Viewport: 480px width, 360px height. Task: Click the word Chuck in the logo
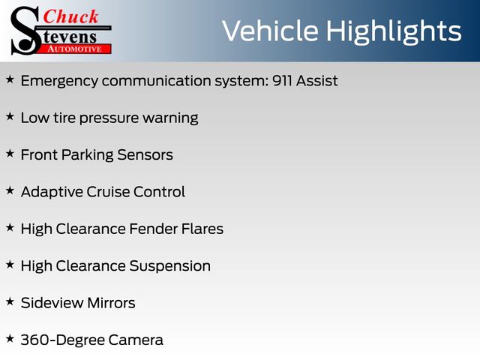tap(70, 16)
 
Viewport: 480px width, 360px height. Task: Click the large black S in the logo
tap(25, 31)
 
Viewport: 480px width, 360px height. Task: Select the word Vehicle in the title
tap(270, 31)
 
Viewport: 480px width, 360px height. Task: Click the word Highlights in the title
tap(394, 32)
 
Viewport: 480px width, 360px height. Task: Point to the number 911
tap(282, 81)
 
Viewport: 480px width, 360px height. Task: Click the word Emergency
tap(60, 82)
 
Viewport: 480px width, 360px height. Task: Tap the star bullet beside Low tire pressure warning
tap(10, 116)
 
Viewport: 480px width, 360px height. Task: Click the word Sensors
tap(145, 155)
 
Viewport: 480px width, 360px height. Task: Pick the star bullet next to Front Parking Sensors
tap(10, 153)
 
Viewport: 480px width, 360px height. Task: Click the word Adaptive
tap(52, 193)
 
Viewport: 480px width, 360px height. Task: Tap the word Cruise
tap(108, 192)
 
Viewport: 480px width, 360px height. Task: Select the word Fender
tap(153, 229)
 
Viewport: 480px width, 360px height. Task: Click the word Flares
tap(202, 229)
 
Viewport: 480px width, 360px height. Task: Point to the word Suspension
tap(170, 267)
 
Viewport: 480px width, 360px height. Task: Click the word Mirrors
tap(111, 303)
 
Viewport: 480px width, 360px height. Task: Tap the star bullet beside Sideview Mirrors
tap(10, 301)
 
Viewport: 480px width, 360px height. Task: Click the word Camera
tap(136, 340)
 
